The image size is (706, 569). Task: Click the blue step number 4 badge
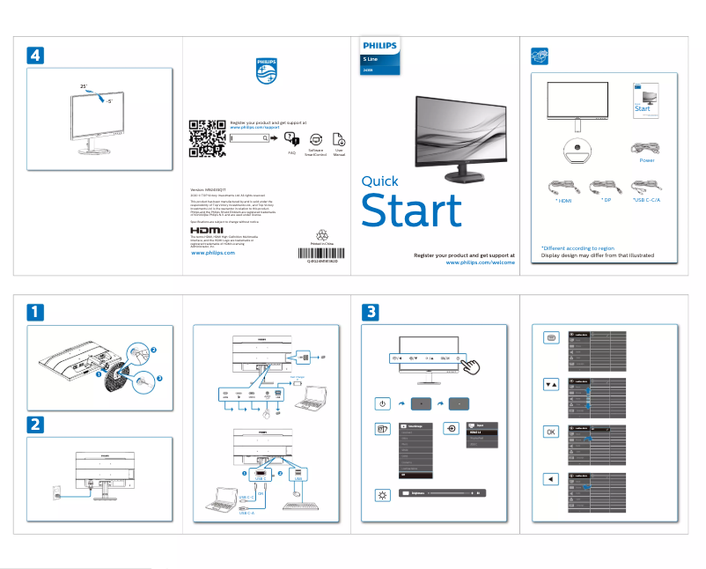click(x=34, y=55)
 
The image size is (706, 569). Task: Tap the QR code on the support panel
click(x=206, y=137)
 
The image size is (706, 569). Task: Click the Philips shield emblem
click(x=267, y=71)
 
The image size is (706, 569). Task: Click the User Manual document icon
click(x=339, y=139)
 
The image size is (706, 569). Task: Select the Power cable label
click(x=647, y=160)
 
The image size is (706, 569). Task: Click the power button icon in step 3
click(x=382, y=403)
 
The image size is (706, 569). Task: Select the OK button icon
click(x=550, y=432)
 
